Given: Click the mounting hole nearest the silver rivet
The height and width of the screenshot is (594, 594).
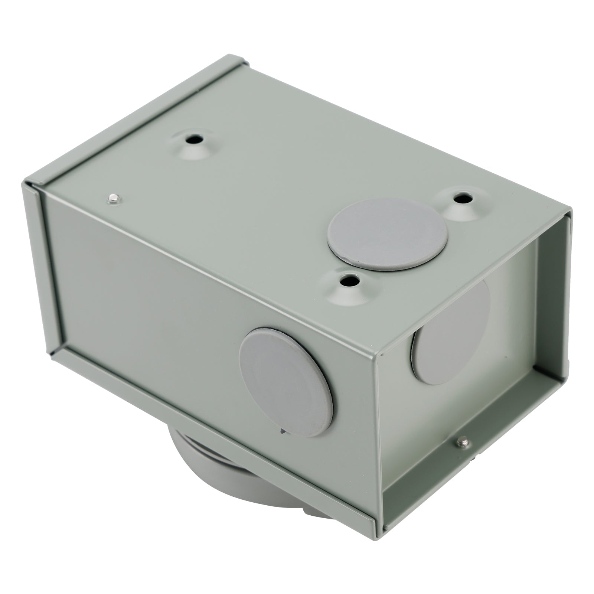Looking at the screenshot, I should pyautogui.click(x=193, y=140).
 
